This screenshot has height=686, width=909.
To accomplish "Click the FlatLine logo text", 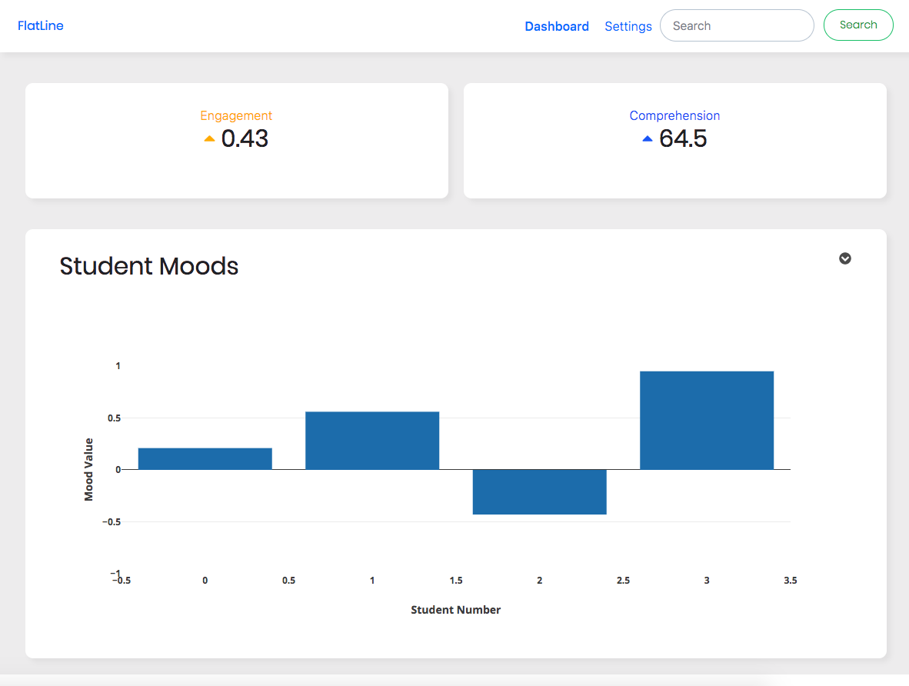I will pos(40,25).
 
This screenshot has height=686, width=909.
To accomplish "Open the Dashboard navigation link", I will pos(557,26).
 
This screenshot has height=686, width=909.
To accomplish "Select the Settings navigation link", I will pos(628,26).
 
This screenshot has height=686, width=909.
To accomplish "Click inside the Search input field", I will pos(736,25).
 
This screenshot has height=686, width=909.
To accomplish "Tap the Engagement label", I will pos(236,115).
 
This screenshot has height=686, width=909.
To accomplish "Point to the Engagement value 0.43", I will pos(245,138).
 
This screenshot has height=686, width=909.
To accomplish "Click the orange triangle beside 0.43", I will pos(209,138).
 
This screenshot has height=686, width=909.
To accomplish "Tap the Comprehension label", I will pos(674,115).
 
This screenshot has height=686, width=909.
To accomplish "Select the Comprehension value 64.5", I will pos(683,138).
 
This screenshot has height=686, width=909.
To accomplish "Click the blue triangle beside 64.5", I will pos(647,138).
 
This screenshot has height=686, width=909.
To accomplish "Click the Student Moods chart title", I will pos(149,266).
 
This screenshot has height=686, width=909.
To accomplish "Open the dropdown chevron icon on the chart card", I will pos(844,258).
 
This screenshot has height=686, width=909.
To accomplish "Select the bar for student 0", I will pos(205,458).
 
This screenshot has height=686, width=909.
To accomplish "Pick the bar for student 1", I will pos(372,441).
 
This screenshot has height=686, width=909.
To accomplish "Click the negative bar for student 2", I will pos(539,491).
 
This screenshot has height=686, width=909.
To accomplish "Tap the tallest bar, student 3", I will pos(707,420).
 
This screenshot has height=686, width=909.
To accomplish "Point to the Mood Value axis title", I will pos(88,469).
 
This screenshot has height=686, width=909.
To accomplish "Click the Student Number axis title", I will pos(455,610).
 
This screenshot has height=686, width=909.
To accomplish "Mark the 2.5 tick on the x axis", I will pos(623,581).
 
